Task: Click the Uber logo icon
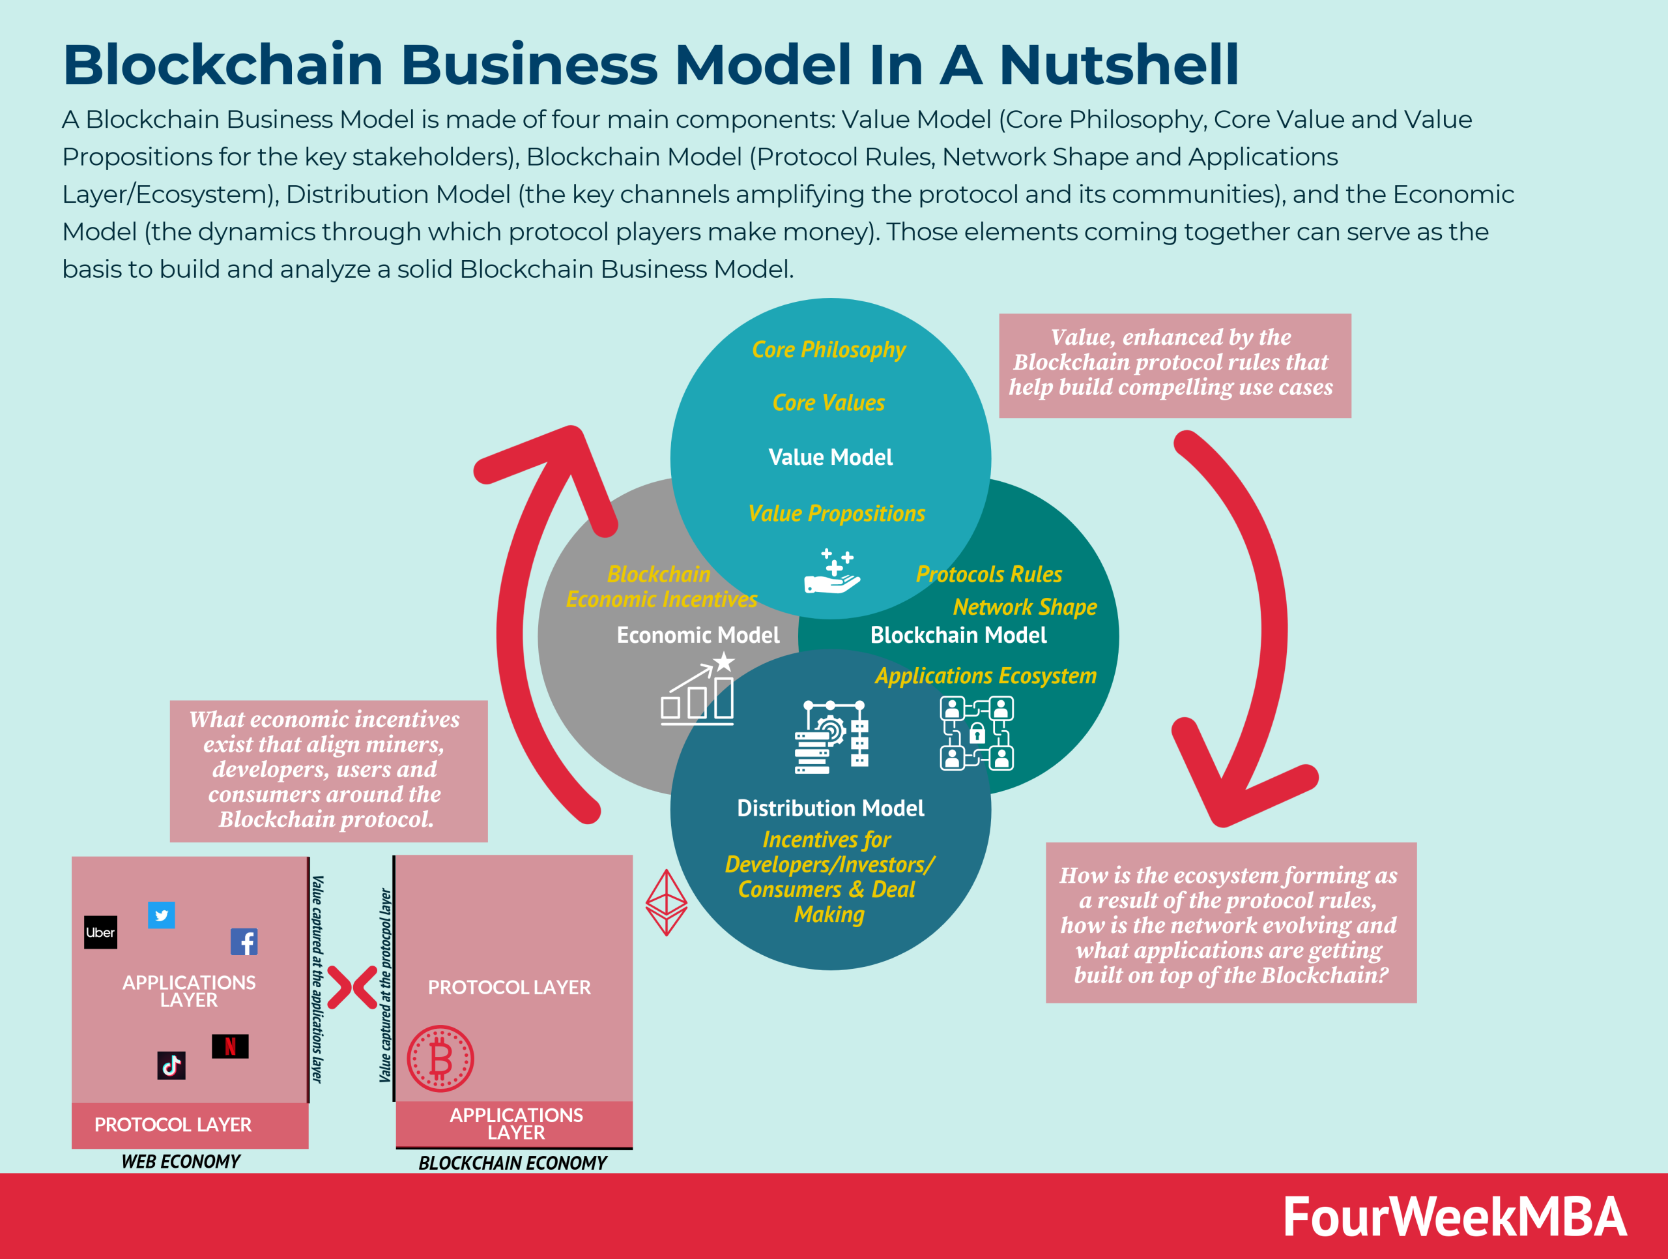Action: point(100,932)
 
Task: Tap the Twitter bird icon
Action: point(162,915)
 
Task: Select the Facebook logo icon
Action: point(244,941)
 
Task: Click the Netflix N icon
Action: point(230,1046)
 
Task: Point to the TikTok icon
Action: point(171,1065)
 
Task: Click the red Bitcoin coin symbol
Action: point(440,1058)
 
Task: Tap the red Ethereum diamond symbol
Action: point(667,902)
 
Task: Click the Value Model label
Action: point(830,457)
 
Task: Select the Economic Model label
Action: point(698,635)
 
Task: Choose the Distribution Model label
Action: point(830,808)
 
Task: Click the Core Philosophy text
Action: point(828,349)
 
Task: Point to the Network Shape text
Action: point(1024,607)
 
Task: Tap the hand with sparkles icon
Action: point(832,572)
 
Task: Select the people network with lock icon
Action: point(977,732)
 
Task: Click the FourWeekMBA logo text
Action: point(1454,1216)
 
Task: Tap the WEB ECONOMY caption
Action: point(181,1162)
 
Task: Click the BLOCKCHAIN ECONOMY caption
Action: point(513,1163)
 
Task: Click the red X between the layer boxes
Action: point(352,987)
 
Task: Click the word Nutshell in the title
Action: point(1118,65)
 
